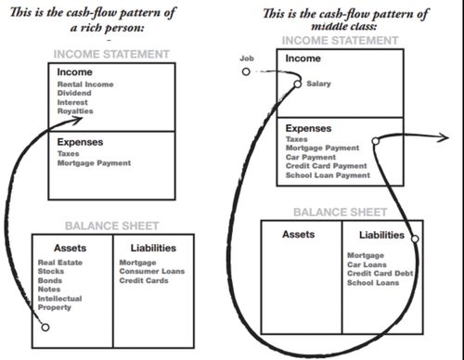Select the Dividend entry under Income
tap(76, 94)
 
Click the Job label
tap(246, 58)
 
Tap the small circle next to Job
tap(246, 71)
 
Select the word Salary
tap(317, 84)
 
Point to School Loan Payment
tap(328, 174)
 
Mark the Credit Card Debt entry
tap(377, 273)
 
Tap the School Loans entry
tap(370, 281)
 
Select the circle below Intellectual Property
tap(44, 327)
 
